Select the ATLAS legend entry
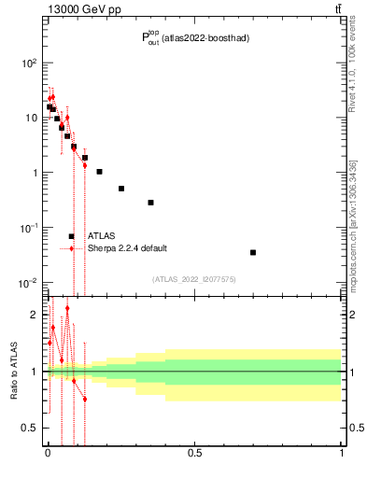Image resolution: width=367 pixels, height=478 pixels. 101,236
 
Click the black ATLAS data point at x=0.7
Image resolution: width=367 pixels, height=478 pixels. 253,252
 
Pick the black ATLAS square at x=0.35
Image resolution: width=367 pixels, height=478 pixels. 150,203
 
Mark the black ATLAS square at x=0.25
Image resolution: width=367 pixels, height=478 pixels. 120,189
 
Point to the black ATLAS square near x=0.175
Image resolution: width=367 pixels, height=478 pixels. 99,172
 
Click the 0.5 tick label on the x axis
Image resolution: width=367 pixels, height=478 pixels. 194,455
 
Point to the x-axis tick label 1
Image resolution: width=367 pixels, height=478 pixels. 342,455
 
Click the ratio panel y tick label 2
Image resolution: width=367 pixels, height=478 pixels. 35,315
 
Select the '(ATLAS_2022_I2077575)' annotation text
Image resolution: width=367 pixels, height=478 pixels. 194,278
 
